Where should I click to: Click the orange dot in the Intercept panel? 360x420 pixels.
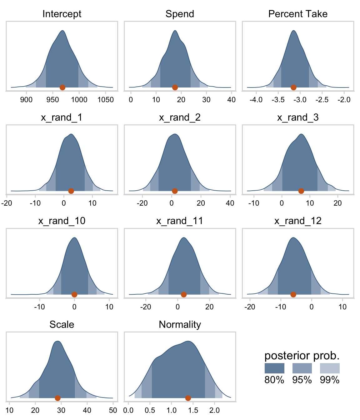click(x=62, y=87)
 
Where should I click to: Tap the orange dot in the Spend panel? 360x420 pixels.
click(x=175, y=87)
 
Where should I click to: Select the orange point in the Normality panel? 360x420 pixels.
click(x=188, y=398)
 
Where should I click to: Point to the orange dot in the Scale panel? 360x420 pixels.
click(x=57, y=398)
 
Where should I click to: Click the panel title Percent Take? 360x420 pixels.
click(x=298, y=14)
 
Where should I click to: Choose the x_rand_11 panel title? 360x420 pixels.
click(x=180, y=221)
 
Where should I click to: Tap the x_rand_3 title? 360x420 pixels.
click(x=298, y=117)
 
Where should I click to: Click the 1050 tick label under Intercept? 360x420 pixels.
click(x=106, y=100)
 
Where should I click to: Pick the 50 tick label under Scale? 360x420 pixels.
click(x=113, y=410)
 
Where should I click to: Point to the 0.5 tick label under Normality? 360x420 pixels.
click(x=150, y=410)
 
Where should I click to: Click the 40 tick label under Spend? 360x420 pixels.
click(x=232, y=100)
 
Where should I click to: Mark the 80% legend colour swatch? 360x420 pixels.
click(x=274, y=368)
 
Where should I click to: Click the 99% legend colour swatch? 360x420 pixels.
click(x=330, y=368)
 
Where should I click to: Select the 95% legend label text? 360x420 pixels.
click(x=302, y=380)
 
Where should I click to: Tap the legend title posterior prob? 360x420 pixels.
click(x=302, y=356)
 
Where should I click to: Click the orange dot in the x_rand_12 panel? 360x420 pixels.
click(x=293, y=294)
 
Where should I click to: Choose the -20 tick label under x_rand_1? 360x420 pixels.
click(x=7, y=203)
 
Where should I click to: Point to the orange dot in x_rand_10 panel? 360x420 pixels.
click(x=74, y=294)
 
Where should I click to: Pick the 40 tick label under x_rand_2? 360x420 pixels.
click(x=230, y=203)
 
